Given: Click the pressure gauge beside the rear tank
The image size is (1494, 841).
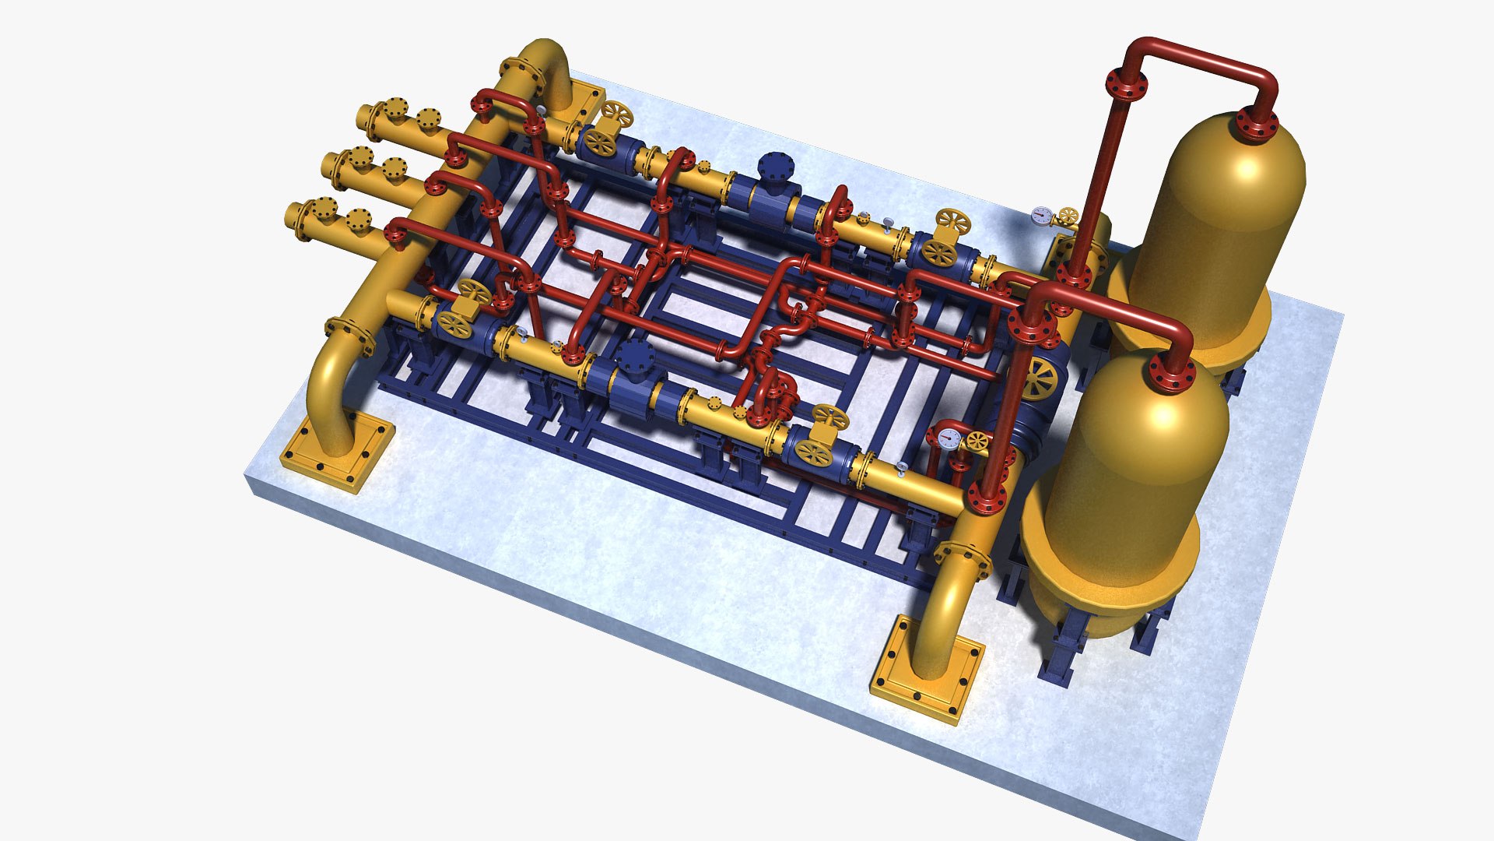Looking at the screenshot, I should click(1041, 215).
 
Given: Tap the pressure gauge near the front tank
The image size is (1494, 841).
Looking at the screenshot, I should click(949, 437).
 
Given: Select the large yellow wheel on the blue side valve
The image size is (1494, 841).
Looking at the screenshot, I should click(1040, 379).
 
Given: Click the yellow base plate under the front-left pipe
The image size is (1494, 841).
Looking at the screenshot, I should click(338, 449).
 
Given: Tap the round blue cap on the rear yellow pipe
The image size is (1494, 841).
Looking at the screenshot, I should click(775, 166).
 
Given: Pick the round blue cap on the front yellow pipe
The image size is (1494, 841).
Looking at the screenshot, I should click(636, 354).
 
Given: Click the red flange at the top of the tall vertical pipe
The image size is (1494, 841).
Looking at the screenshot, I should click(1126, 84).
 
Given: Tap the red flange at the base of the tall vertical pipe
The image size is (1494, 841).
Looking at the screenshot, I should click(1074, 273).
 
